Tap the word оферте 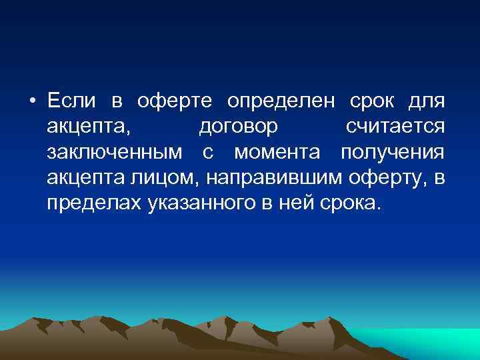coord(175,101)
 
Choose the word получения coord(392,153)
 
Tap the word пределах coord(93,203)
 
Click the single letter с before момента coord(207,153)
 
